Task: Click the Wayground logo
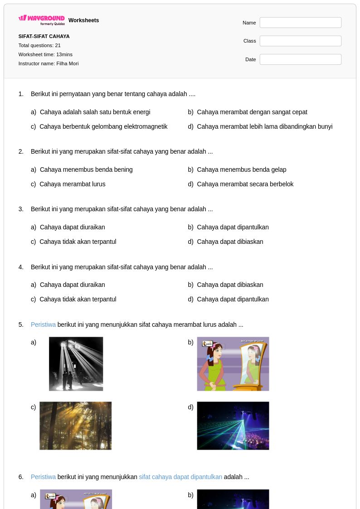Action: tap(42, 20)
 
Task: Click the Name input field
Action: tap(300, 23)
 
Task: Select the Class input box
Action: tap(300, 41)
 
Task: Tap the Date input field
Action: tap(300, 59)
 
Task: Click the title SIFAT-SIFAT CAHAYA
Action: tap(44, 36)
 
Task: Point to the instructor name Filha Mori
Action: tap(68, 63)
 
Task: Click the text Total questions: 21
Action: tap(39, 45)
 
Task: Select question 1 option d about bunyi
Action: tap(265, 126)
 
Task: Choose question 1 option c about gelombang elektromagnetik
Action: tap(103, 126)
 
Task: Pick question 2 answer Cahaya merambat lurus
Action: tap(73, 184)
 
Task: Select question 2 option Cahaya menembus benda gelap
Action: tap(242, 170)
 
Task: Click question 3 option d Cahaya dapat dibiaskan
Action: tap(230, 242)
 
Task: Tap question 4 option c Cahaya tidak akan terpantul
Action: tap(78, 299)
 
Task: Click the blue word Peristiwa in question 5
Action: tap(43, 325)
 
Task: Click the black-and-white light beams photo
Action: tap(76, 364)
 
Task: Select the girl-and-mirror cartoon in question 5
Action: tap(233, 364)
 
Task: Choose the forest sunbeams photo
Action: tap(75, 426)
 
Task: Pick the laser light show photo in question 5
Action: tap(233, 426)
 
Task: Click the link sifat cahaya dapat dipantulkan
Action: tap(180, 477)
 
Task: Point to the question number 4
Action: tap(21, 267)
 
